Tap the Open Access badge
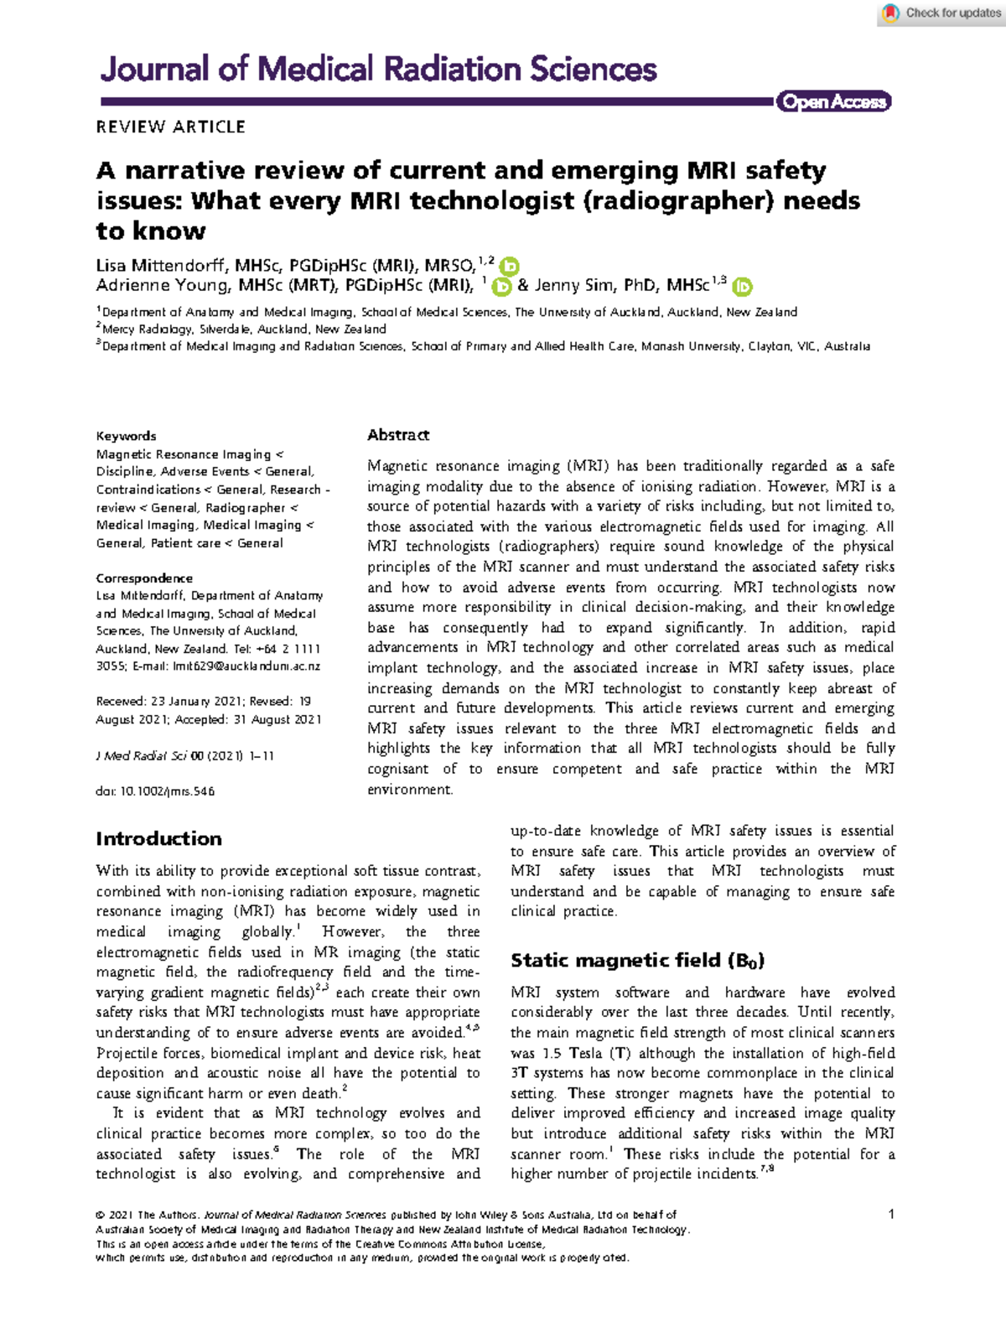833,101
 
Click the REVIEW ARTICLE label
170,127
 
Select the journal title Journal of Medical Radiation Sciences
378,69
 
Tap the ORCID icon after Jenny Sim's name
742,287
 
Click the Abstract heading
398,435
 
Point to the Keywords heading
126,436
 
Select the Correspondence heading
144,578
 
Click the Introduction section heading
158,839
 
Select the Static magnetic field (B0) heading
637,961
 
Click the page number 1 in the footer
891,1214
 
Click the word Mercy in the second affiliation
118,329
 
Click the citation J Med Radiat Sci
142,756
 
